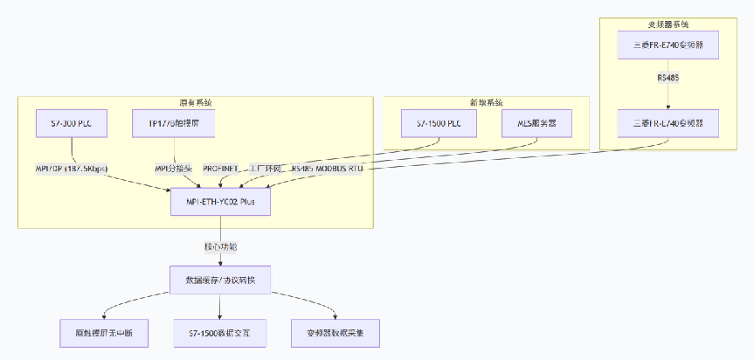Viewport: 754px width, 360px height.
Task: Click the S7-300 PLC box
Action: [72, 123]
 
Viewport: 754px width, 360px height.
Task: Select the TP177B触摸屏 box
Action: [173, 123]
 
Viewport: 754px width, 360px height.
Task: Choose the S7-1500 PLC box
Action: [439, 123]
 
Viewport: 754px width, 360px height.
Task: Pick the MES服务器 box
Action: [536, 123]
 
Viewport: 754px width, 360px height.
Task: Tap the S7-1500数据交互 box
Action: [219, 332]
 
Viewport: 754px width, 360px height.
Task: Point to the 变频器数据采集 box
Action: [335, 332]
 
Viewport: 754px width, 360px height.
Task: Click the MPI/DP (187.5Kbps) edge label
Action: [72, 167]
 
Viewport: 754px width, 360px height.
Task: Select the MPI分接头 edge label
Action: [173, 167]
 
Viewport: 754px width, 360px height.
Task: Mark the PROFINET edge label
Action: [221, 167]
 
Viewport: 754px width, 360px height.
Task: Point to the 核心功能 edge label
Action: [220, 246]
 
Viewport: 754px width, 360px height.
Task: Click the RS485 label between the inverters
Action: [668, 78]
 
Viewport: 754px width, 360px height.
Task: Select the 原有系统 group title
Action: [196, 102]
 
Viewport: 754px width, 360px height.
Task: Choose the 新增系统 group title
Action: [486, 102]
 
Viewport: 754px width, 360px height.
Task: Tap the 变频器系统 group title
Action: [668, 24]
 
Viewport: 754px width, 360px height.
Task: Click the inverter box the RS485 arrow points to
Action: [668, 123]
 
